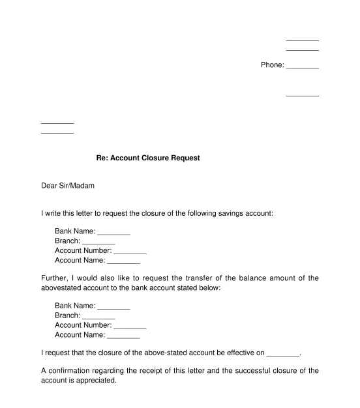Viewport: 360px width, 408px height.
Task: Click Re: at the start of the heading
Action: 102,158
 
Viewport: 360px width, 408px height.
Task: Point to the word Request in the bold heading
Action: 185,158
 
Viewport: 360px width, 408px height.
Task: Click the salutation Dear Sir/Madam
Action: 68,186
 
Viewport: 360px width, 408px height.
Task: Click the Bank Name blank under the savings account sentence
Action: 113,233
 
